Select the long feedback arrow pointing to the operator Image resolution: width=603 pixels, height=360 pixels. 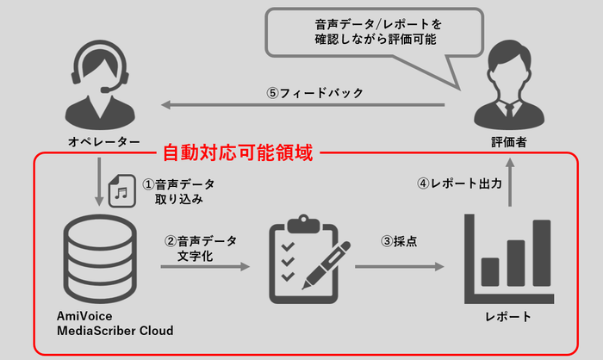coord(301,106)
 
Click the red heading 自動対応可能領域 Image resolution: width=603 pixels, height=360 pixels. coord(241,154)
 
